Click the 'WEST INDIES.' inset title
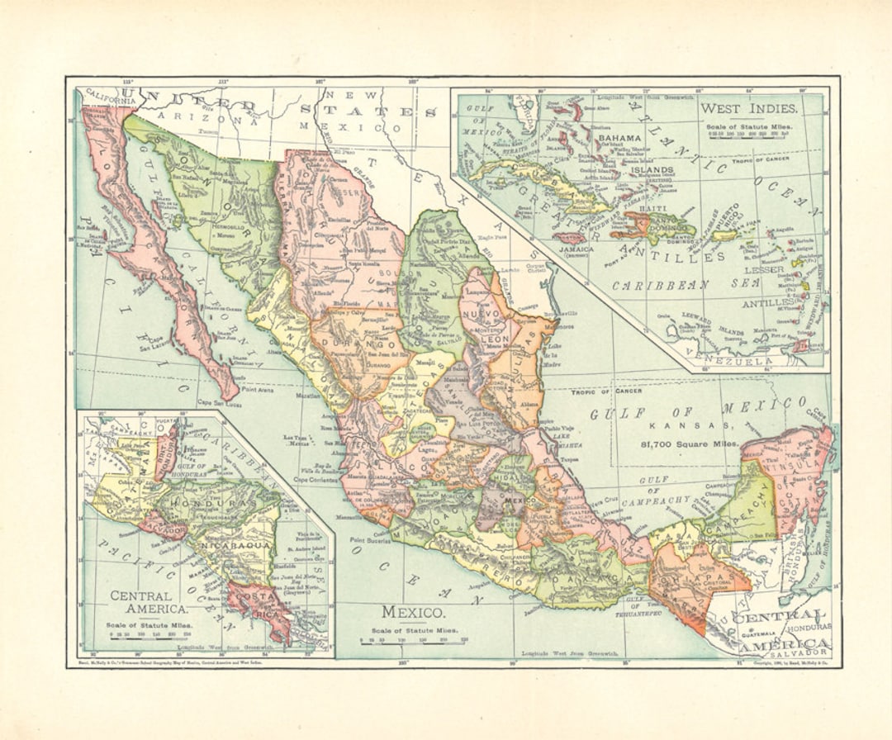pos(748,108)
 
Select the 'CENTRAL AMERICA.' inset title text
pos(141,603)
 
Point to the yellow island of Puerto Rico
pos(724,235)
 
